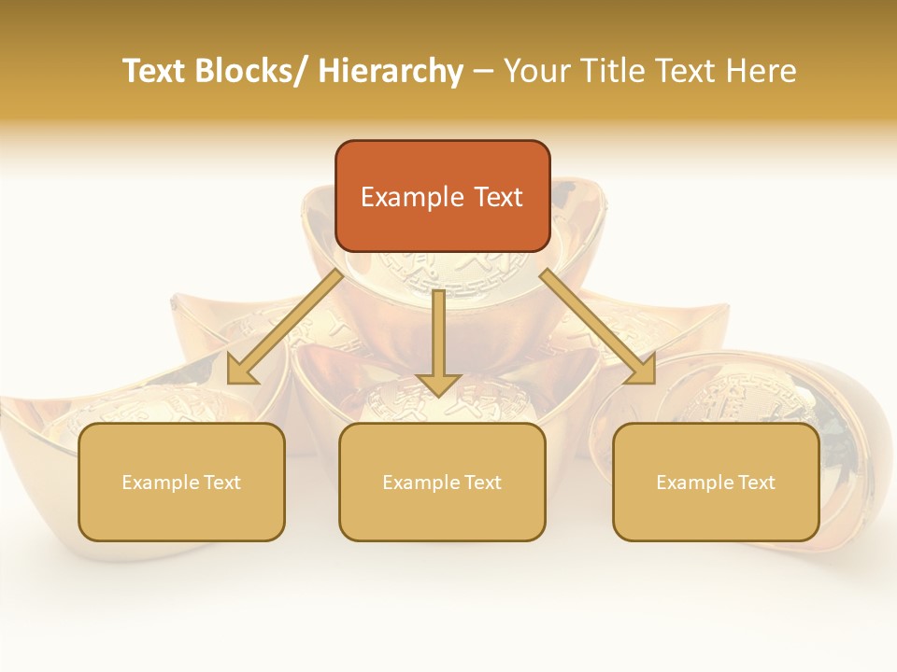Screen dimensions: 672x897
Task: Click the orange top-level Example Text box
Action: tap(442, 196)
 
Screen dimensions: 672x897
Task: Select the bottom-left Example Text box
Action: tap(181, 482)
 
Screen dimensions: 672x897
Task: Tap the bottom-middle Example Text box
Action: tap(442, 482)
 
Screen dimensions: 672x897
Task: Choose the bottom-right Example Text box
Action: tap(716, 482)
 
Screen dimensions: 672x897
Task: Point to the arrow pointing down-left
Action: tap(284, 328)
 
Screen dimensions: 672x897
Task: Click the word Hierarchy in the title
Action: tap(391, 71)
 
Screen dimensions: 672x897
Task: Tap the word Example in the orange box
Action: tap(412, 197)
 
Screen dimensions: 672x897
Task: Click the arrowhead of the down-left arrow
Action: tap(240, 371)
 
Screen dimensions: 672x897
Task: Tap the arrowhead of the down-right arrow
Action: tap(642, 371)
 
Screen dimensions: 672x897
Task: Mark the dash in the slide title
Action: tap(483, 72)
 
